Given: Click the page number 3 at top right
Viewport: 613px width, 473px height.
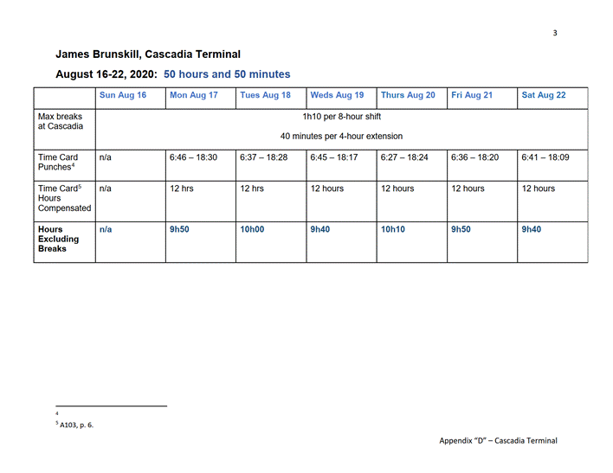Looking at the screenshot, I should pos(555,33).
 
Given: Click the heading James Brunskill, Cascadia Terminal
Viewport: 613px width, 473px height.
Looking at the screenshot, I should pos(148,54).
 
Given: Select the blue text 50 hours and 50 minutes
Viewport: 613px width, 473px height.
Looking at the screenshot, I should pos(227,74).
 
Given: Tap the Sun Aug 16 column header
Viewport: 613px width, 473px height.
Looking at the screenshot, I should pos(123,95).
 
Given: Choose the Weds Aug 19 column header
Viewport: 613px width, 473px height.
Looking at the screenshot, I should pos(337,95).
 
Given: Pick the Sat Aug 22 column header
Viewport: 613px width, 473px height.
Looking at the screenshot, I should pos(544,95).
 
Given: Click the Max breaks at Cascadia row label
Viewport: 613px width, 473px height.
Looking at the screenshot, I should pos(61,121).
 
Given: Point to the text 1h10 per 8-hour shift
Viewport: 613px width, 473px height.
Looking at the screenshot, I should pos(341,117).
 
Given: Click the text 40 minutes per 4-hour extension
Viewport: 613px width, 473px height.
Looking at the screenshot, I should pos(341,136).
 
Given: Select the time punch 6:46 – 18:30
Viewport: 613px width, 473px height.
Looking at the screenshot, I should pos(193,158).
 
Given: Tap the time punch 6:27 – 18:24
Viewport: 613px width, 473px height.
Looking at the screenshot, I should pos(403,158).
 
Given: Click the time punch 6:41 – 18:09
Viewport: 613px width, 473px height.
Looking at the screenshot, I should pos(545,158).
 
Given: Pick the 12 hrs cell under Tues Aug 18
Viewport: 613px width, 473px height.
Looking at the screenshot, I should pos(252,189).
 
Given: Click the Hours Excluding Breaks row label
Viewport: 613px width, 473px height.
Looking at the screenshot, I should pos(58,239).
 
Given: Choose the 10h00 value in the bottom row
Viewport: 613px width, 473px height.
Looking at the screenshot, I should pos(253,229).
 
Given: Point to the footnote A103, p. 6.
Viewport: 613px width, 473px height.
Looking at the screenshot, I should pos(76,425).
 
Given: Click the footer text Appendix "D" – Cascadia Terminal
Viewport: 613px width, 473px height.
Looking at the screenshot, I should pos(498,441).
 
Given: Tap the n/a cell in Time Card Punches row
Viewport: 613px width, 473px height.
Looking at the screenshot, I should pos(106,158).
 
